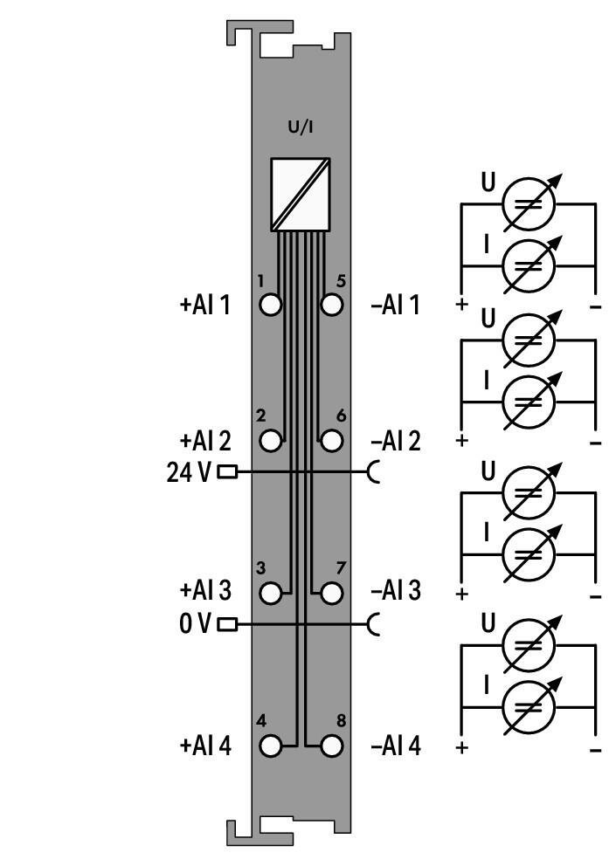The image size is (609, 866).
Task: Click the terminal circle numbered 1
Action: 270,305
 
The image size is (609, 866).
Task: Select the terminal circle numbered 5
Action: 331,305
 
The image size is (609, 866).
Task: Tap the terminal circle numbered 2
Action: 270,441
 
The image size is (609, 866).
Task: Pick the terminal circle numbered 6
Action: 331,441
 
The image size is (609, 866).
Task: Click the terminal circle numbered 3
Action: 270,593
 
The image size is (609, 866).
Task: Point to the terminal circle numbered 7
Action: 331,593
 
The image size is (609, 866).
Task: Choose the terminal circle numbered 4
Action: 270,746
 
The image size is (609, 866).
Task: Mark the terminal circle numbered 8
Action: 331,746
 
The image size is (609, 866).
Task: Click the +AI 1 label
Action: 205,305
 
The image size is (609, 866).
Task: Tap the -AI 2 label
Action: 396,441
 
